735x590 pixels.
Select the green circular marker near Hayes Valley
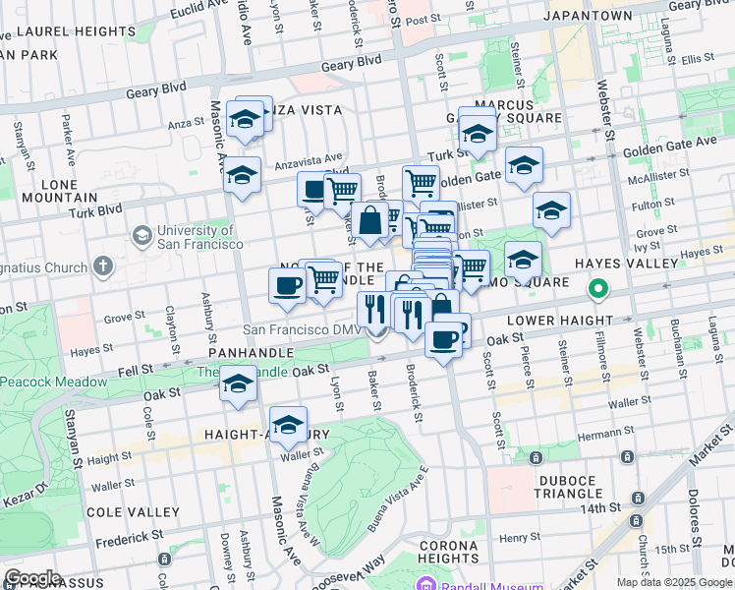596,290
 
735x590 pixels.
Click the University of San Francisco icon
142,236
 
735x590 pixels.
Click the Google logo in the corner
33,578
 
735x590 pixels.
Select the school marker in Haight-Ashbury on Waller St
289,425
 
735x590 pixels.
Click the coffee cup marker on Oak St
444,339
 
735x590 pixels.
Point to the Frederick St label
130,538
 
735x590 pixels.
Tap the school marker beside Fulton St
551,209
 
